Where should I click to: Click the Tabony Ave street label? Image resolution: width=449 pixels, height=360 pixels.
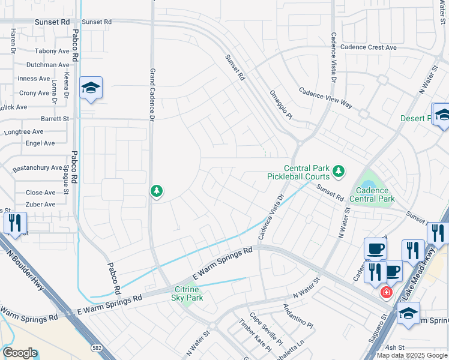pyautogui.click(x=52, y=52)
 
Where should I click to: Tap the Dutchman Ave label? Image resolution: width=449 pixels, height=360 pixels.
pyautogui.click(x=47, y=65)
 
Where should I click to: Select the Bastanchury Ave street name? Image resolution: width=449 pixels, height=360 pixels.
pyautogui.click(x=37, y=168)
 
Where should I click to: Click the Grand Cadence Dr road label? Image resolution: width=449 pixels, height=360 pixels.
pyautogui.click(x=152, y=93)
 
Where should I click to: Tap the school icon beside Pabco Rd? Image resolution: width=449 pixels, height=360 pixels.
pyautogui.click(x=91, y=88)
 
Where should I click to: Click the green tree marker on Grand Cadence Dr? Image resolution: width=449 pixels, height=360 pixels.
pyautogui.click(x=157, y=191)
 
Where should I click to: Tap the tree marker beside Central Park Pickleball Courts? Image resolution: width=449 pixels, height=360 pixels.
pyautogui.click(x=339, y=172)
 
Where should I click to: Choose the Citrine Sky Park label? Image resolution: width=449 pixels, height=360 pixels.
pyautogui.click(x=188, y=293)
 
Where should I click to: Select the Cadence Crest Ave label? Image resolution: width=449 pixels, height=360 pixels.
pyautogui.click(x=368, y=47)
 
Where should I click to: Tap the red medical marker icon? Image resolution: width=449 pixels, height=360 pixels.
pyautogui.click(x=387, y=292)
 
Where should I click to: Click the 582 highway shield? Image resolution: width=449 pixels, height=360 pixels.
pyautogui.click(x=96, y=347)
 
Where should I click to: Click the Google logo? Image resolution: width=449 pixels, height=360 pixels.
pyautogui.click(x=19, y=353)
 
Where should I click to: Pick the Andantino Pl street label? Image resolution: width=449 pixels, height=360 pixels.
pyautogui.click(x=298, y=316)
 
